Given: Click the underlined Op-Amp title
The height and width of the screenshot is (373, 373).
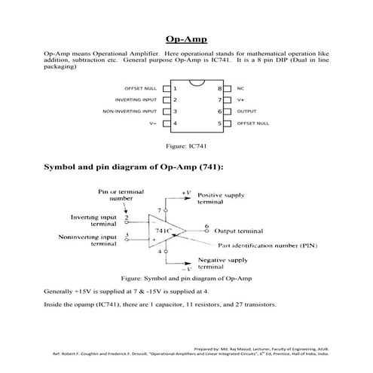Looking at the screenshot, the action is [186, 39].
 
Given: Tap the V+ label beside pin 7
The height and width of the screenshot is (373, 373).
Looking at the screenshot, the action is [240, 99].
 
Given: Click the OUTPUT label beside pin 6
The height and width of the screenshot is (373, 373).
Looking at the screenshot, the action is [246, 111].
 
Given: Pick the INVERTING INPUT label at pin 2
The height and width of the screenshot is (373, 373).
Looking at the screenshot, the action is [136, 99].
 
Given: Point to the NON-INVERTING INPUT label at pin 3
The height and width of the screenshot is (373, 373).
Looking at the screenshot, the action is [130, 111].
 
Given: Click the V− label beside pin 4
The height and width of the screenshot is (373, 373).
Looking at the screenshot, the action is [153, 123].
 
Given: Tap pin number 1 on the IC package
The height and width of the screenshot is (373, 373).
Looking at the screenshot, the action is [175, 88].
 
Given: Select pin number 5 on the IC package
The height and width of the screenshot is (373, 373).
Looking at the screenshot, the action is [220, 123].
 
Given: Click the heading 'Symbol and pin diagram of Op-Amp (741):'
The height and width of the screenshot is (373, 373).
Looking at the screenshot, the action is [134, 167].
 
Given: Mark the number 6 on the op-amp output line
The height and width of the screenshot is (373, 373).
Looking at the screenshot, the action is [206, 225].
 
